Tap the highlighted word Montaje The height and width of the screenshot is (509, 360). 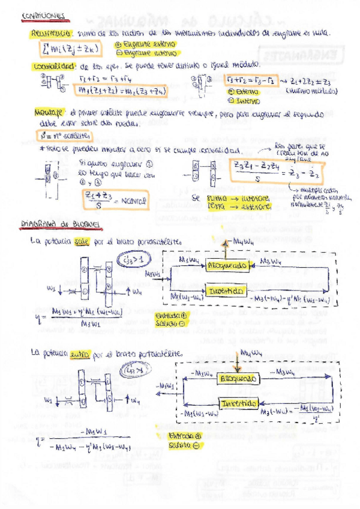coord(50,112)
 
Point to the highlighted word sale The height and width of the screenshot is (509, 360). coord(82,242)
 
